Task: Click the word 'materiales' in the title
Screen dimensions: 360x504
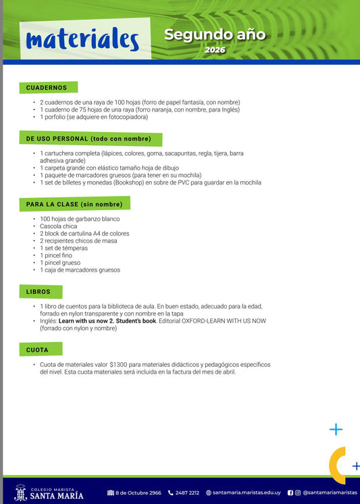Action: click(82, 40)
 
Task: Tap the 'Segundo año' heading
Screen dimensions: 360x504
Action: click(215, 34)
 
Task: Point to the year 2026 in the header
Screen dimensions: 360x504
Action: click(215, 50)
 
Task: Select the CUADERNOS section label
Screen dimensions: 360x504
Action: click(47, 88)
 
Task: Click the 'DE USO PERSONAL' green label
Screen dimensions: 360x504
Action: click(88, 139)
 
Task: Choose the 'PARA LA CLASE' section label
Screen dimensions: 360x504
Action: click(74, 204)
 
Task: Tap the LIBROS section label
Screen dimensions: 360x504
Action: click(38, 292)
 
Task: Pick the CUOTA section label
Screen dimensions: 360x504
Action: click(38, 350)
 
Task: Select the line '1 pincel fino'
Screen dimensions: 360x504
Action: click(57, 255)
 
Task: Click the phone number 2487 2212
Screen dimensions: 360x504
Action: click(187, 493)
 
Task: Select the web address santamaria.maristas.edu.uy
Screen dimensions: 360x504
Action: click(245, 493)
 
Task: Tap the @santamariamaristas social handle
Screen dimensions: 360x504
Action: click(330, 493)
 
